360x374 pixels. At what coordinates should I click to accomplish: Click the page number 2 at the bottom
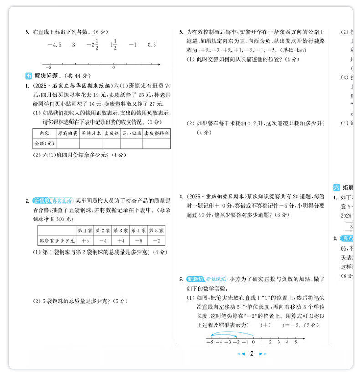click(x=252, y=353)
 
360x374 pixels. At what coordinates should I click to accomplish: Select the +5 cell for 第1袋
click(x=85, y=241)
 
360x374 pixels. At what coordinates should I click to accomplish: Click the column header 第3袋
click(x=121, y=230)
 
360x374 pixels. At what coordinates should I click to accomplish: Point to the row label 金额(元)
click(x=44, y=143)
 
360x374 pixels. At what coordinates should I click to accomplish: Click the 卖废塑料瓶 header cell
click(x=156, y=133)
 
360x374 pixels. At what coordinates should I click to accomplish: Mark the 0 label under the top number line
click(x=113, y=68)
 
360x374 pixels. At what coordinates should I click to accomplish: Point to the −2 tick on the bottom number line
click(x=236, y=341)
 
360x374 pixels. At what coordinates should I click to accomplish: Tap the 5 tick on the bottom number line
click(x=295, y=341)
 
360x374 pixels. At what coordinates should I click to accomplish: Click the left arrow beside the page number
click(x=242, y=354)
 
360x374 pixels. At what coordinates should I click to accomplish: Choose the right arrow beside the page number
click(x=262, y=354)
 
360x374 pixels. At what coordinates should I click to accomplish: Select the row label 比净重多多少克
click(x=57, y=241)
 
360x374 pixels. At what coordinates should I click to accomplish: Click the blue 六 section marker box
click(x=337, y=187)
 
